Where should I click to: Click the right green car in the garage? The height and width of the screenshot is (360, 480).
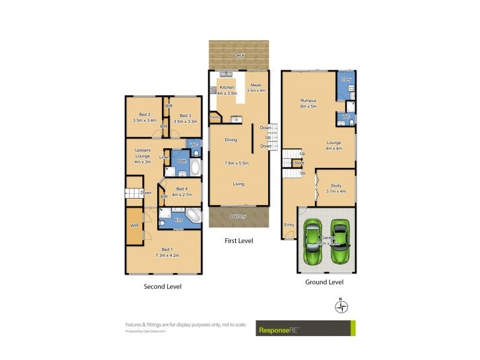[340, 242]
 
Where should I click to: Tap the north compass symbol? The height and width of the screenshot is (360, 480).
[341, 307]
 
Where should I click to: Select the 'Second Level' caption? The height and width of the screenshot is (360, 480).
[162, 287]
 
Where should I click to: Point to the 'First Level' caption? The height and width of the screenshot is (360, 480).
[238, 241]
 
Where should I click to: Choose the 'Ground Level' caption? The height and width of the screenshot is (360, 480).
[325, 282]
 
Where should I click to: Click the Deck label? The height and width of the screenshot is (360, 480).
[239, 55]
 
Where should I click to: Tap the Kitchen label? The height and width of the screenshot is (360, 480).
[227, 88]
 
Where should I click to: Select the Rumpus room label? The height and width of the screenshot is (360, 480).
[309, 100]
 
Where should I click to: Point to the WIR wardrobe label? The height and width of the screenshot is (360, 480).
[134, 226]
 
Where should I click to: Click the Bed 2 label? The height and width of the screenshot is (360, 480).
[144, 115]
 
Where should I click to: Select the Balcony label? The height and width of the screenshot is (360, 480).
[238, 216]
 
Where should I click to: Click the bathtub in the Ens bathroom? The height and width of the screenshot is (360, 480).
[193, 215]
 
